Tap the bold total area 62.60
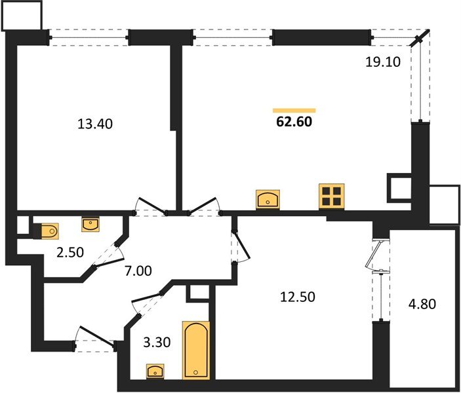(x=294, y=122)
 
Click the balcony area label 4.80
(x=422, y=305)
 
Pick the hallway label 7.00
(x=138, y=269)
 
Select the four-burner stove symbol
(x=332, y=196)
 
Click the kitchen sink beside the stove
(x=269, y=198)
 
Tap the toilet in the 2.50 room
(x=49, y=231)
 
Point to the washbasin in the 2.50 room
(x=90, y=225)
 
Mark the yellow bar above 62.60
(x=294, y=110)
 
